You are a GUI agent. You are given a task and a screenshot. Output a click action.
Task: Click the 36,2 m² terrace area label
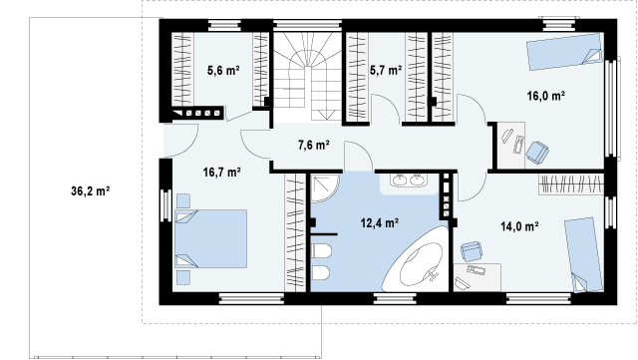pos(91,191)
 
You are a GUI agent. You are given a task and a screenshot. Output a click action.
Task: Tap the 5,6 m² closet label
pos(223,71)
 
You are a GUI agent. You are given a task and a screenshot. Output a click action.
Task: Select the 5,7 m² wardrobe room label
pos(386,71)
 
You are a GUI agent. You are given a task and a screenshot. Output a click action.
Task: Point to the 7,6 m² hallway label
pos(314,145)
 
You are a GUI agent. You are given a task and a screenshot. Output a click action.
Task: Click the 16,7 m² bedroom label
pos(221,173)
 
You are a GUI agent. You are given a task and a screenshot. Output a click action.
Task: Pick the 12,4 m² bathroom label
pos(379,222)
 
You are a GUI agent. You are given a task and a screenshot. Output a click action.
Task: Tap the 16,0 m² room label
pos(546,96)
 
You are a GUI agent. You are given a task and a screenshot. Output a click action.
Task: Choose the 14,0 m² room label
pos(519,226)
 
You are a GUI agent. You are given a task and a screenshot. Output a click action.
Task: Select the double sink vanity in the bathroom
pos(408,182)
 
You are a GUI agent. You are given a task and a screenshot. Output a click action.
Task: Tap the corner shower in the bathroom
pos(325,187)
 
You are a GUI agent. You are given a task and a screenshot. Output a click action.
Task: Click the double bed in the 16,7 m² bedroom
pos(210,239)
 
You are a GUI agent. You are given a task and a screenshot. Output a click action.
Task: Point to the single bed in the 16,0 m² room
pos(565,51)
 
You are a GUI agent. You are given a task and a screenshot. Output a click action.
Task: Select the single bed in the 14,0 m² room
pos(583,254)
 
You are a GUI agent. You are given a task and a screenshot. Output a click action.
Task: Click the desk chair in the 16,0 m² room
pos(537,153)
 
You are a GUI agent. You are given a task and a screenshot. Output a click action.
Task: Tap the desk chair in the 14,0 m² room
pos(472,251)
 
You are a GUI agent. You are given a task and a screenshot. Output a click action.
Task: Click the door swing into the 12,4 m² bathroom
pos(358,157)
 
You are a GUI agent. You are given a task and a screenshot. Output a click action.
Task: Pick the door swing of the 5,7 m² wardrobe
pos(386,109)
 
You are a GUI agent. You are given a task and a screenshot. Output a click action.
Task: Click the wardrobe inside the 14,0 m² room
pos(571,184)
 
